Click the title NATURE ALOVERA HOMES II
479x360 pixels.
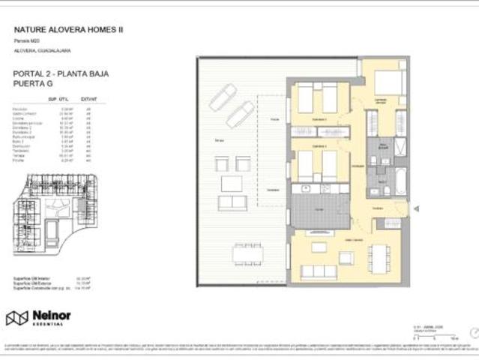point(69,29)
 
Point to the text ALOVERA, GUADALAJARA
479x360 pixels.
point(43,50)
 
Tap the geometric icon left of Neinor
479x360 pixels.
point(16,318)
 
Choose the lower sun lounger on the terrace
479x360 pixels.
point(239,114)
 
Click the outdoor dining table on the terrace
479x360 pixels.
point(247,254)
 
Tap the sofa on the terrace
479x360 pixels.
point(232,202)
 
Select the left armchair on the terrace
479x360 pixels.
point(222,163)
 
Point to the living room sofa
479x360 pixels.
point(319,271)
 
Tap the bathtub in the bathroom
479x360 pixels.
point(400,181)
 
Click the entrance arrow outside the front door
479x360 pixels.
point(416,209)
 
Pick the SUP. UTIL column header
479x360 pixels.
point(58,98)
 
